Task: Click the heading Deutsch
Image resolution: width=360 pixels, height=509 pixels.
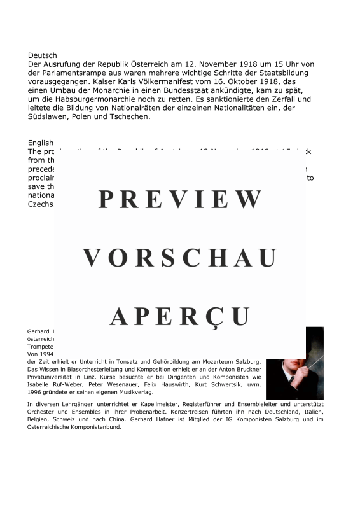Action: click(x=42, y=55)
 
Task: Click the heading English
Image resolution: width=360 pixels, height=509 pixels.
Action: click(x=41, y=143)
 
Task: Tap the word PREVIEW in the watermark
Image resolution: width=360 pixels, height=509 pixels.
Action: click(x=180, y=200)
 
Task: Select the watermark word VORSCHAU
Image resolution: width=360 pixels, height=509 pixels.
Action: click(x=180, y=258)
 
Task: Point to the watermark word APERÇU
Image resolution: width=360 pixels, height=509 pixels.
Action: click(x=180, y=316)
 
